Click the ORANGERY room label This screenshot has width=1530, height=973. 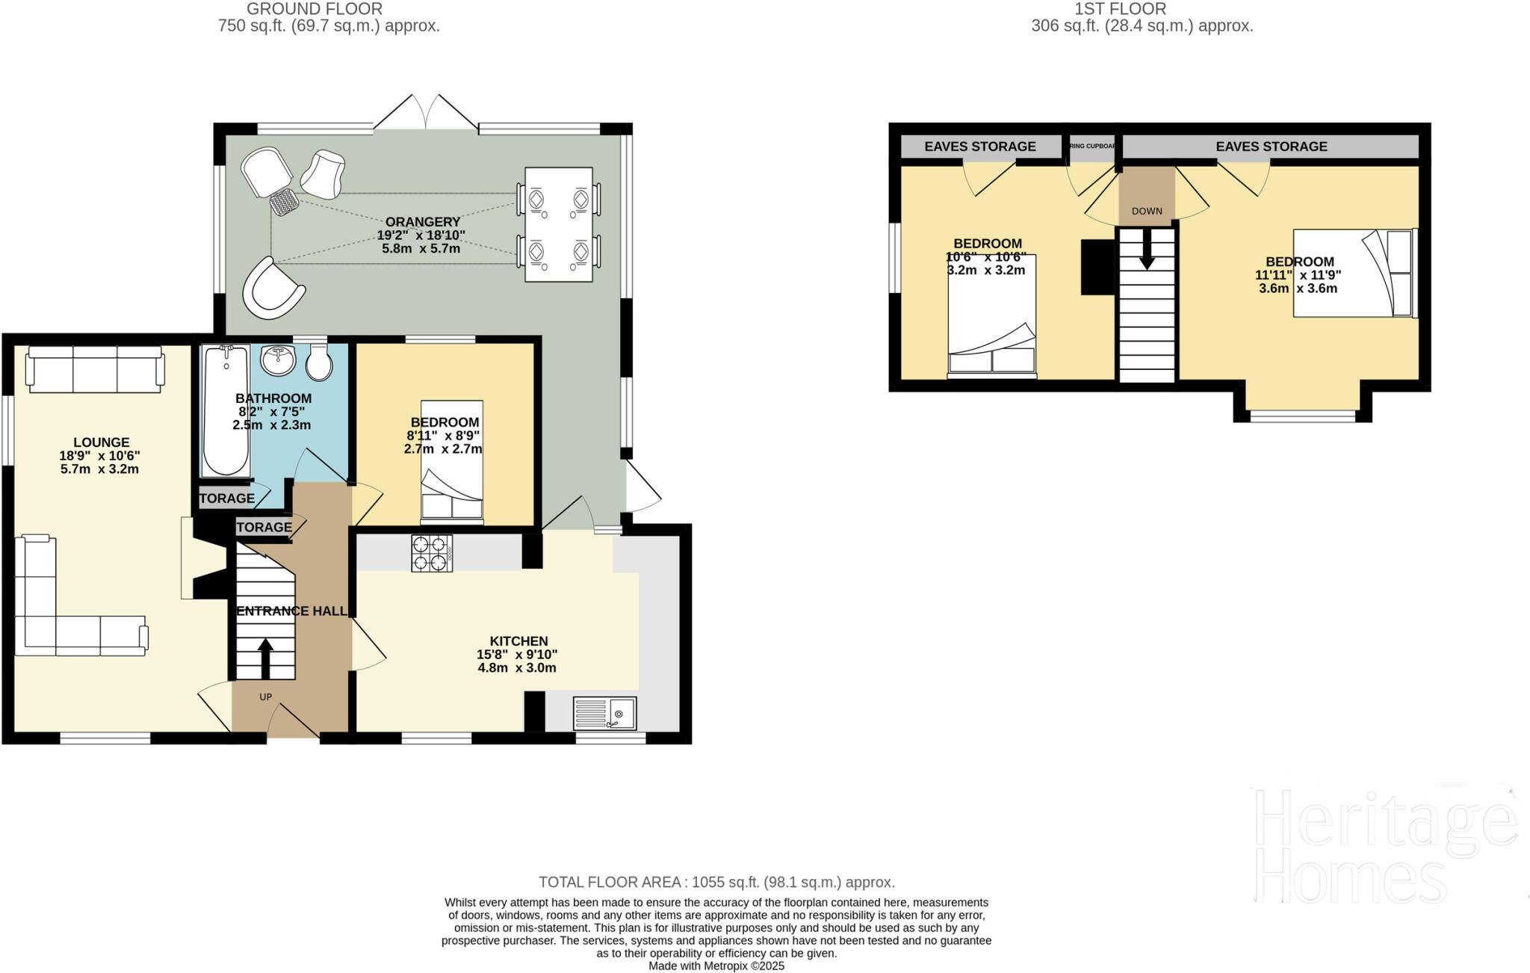(x=422, y=222)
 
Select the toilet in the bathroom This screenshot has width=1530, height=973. (x=320, y=362)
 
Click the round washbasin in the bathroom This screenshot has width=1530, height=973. (x=279, y=360)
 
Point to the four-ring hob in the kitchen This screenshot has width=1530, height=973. (x=432, y=554)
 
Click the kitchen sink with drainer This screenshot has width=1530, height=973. (x=604, y=713)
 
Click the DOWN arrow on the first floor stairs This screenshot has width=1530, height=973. (x=1147, y=250)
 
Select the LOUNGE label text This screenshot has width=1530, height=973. (x=102, y=442)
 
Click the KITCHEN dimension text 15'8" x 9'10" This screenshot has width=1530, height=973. (x=517, y=655)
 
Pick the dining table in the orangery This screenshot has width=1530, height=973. (x=559, y=224)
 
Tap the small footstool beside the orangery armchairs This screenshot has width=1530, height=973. (x=285, y=202)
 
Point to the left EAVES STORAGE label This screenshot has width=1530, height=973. (x=980, y=146)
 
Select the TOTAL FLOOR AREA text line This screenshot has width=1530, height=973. (x=716, y=882)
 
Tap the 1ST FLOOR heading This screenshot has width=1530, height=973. (x=1120, y=9)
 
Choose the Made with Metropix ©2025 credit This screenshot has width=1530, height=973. (x=716, y=966)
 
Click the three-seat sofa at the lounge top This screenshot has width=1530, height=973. (x=95, y=368)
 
